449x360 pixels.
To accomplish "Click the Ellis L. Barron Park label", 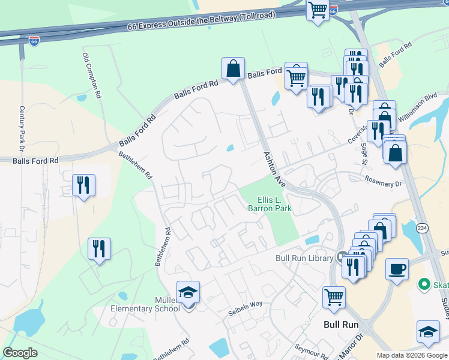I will (x=270, y=204).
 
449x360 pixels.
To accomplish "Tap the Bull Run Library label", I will (x=304, y=258).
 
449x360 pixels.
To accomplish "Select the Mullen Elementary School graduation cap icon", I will (x=188, y=292).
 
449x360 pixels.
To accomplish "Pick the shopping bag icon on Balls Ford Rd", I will (x=233, y=68).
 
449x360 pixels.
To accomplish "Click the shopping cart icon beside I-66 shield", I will (x=317, y=10).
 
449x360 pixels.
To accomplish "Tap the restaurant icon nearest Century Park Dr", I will (x=83, y=184).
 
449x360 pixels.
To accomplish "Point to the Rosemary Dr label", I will (x=382, y=181).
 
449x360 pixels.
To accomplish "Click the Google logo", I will (x=20, y=353).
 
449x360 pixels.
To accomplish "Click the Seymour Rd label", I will (x=312, y=350).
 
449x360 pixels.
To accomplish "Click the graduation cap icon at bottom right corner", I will (x=428, y=331).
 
